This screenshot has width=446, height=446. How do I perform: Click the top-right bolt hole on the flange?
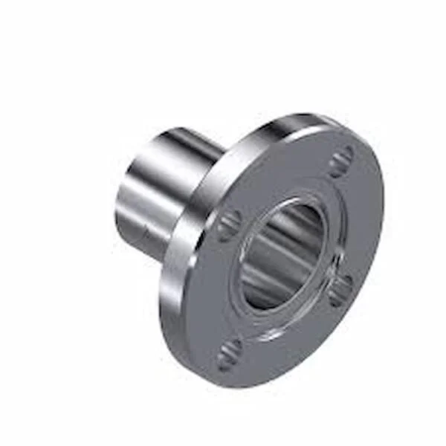point(340,161)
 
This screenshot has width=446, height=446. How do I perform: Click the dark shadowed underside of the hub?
point(149,238)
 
